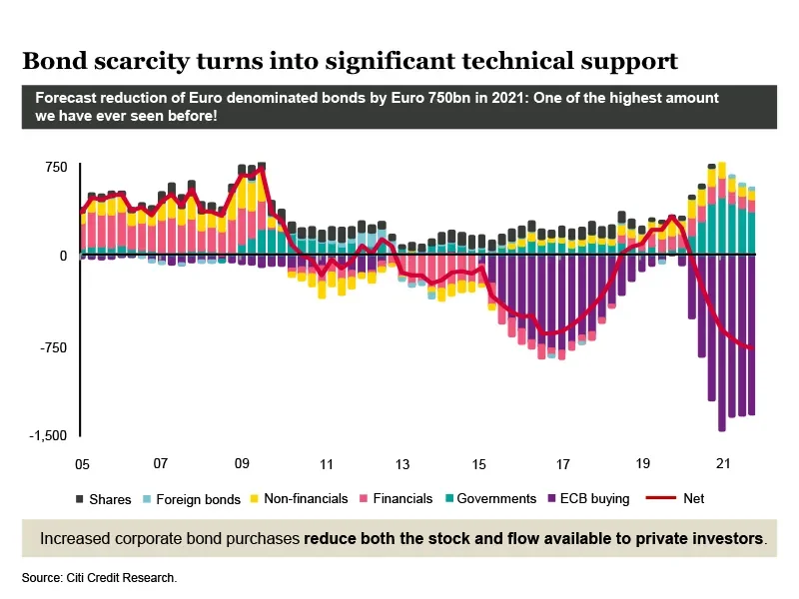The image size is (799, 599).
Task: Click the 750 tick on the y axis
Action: pos(55,167)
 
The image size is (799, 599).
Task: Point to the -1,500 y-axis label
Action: pos(48,436)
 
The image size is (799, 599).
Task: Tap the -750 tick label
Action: pos(52,347)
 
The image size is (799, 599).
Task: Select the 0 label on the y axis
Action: pos(62,256)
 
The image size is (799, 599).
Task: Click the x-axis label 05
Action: pos(81,464)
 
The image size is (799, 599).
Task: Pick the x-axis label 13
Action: pos(402,464)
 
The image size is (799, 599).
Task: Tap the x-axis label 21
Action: pos(724,464)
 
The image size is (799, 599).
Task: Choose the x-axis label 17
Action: pos(562,464)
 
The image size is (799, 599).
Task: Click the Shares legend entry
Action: pos(104,499)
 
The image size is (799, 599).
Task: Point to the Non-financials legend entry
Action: pos(300,498)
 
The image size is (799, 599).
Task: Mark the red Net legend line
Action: pos(661,498)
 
